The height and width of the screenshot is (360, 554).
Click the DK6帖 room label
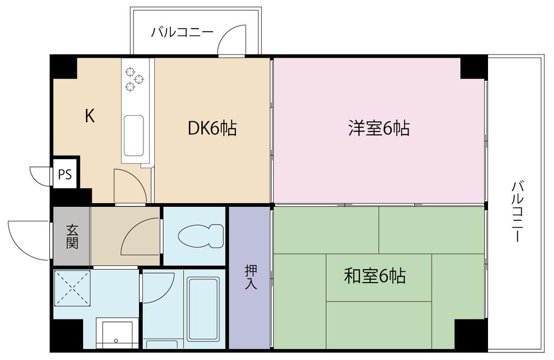pos(212,128)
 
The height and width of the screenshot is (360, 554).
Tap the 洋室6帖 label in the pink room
pos(378,128)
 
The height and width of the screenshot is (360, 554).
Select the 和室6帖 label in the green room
pos(375,277)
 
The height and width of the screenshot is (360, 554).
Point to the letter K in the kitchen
pos(90,116)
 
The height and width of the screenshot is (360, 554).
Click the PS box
pos(65,174)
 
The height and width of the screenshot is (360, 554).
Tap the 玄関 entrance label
pos(72,237)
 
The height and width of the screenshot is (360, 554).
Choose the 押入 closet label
pos(250,277)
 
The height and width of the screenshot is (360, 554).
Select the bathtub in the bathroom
pos(203,309)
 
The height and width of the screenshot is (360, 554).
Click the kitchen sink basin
pos(133,135)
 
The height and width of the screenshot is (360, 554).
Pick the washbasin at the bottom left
pos(116,333)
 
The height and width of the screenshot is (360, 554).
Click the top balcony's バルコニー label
pos(182,32)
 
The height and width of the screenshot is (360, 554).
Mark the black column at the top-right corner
pos(474,67)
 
